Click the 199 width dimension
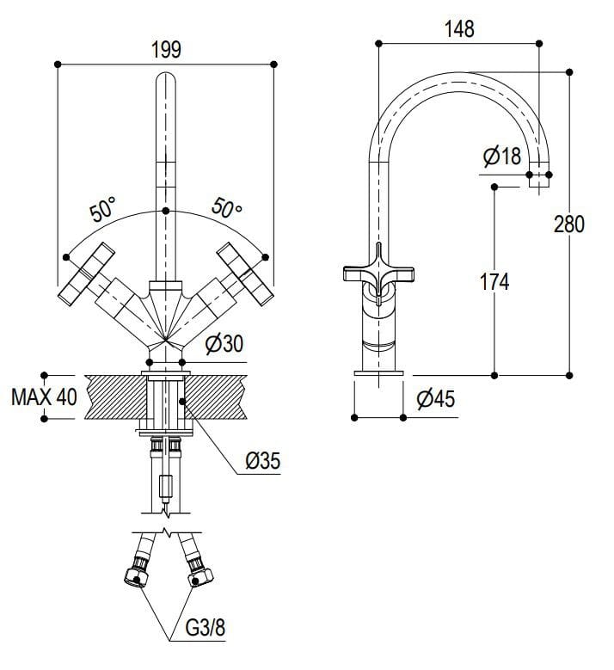pyautogui.click(x=166, y=49)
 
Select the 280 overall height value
pyautogui.click(x=569, y=224)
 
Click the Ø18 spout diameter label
pyautogui.click(x=502, y=157)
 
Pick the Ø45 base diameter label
pyautogui.click(x=435, y=399)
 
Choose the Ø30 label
pyautogui.click(x=224, y=345)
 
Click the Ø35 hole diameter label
pyautogui.click(x=261, y=461)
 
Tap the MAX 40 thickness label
pyautogui.click(x=43, y=397)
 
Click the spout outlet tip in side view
pyautogui.click(x=538, y=179)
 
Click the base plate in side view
pyautogui.click(x=379, y=372)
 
